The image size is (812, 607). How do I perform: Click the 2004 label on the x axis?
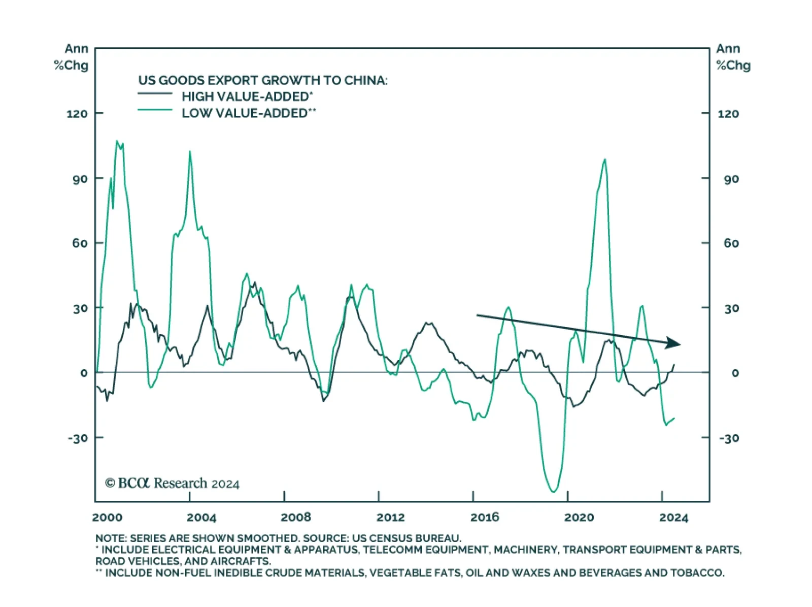point(201,518)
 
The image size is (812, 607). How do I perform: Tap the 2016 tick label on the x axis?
point(485,518)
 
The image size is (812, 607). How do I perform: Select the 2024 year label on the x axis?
point(673,518)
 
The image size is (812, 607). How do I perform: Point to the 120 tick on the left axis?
point(77,114)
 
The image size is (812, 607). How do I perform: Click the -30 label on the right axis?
point(729,438)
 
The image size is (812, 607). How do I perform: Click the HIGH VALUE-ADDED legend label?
point(247,97)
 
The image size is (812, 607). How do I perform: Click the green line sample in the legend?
point(155,110)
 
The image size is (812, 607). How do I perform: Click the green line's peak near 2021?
point(604,160)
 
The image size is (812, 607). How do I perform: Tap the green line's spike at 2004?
point(190,151)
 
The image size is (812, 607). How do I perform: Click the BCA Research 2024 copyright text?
point(172,483)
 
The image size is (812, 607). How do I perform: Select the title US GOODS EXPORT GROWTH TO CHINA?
point(263,80)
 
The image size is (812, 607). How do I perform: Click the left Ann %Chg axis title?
point(72,57)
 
